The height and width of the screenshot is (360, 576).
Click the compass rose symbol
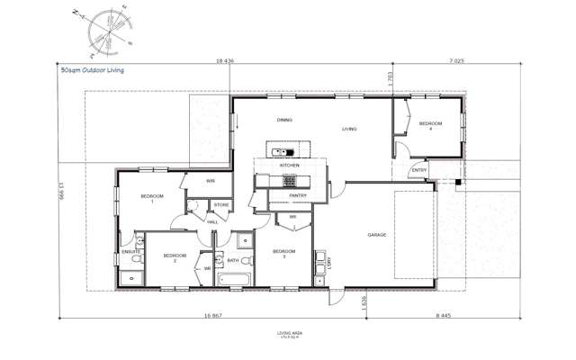[x=105, y=31]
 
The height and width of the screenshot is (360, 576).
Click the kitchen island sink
[x=277, y=150]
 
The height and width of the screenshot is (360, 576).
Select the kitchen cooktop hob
[x=277, y=179]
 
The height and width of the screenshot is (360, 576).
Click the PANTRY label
[x=299, y=195]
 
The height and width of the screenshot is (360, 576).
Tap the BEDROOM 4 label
[x=430, y=126]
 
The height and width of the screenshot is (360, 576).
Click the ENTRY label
[x=419, y=170]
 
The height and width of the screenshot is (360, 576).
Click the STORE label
[x=221, y=205]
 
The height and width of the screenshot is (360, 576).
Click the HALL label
[x=212, y=221]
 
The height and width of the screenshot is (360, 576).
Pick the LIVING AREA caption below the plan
[x=291, y=334]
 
